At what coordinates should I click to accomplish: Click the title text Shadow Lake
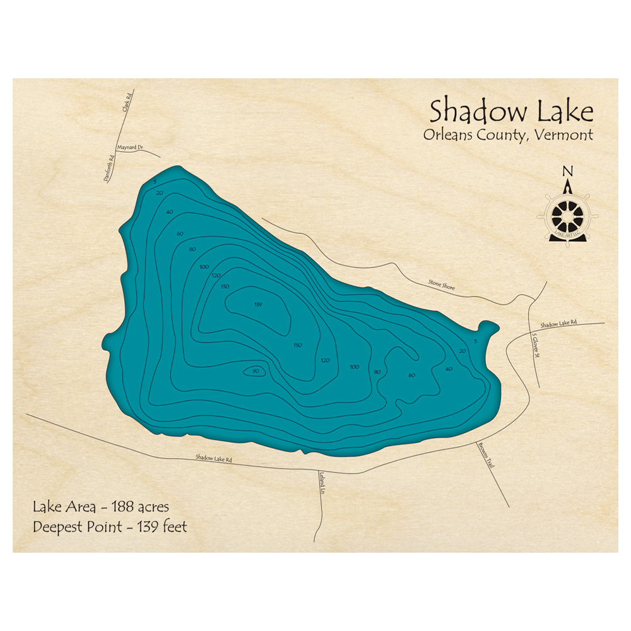[511, 112]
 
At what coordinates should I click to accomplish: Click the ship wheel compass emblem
[567, 215]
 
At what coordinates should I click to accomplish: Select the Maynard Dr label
[130, 149]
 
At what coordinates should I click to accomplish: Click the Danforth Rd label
[109, 170]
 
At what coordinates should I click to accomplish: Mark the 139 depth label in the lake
[257, 305]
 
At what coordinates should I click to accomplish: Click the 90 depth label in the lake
[255, 372]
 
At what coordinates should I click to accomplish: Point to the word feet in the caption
[174, 526]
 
